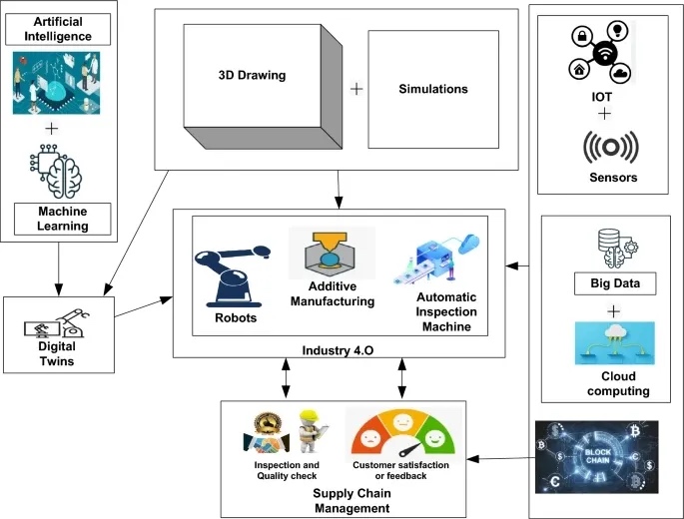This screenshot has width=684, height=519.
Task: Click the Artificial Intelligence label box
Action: [x=64, y=29]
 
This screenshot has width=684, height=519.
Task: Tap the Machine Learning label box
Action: [x=64, y=218]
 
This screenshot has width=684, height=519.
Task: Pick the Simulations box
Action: [x=433, y=89]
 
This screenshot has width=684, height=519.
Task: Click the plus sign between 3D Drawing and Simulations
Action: [x=355, y=89]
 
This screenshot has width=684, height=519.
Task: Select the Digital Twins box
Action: [x=59, y=330]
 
